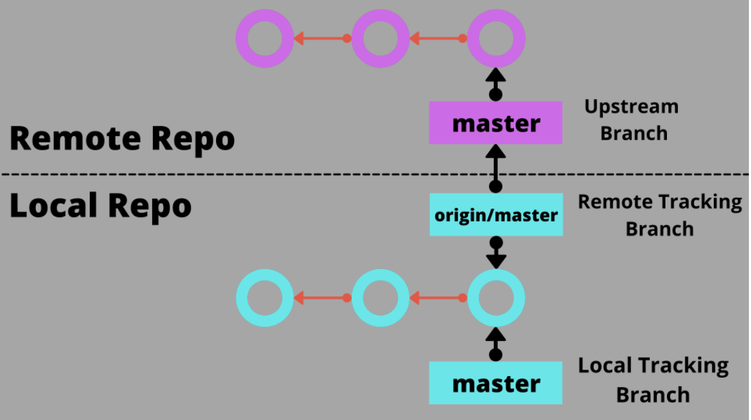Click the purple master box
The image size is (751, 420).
point(495,123)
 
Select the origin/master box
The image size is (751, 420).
point(496,214)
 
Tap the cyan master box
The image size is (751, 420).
point(495,383)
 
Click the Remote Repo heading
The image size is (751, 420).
point(122,139)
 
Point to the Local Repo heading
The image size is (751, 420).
point(101,206)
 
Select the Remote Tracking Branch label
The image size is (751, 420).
point(660,216)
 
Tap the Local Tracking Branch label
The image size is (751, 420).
point(653,380)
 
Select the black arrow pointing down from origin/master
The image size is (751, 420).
point(496,252)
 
